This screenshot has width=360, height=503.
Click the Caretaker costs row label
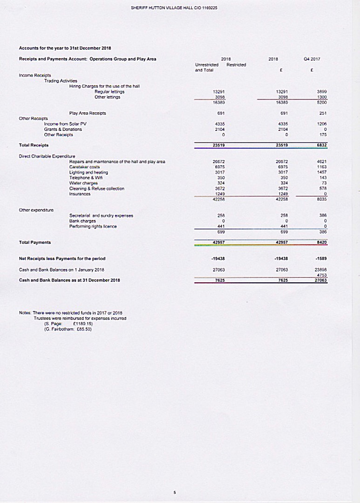(82, 166)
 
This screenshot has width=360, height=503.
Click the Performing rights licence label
(94, 226)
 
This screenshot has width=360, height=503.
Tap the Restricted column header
(236, 65)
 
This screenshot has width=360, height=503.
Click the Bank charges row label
(82, 221)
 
